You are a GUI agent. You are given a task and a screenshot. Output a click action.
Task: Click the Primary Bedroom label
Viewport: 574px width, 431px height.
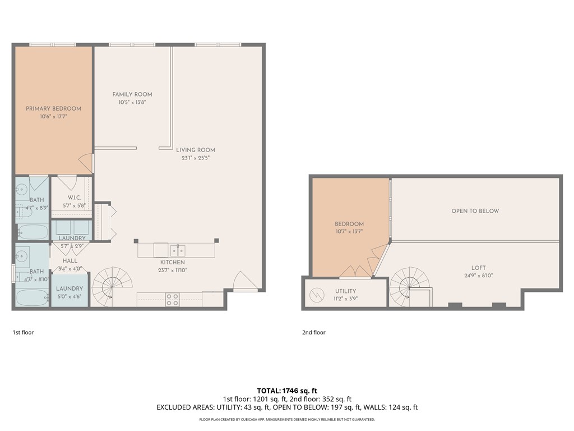tap(53, 109)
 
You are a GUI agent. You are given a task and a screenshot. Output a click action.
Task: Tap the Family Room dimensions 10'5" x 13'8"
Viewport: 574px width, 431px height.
tap(132, 102)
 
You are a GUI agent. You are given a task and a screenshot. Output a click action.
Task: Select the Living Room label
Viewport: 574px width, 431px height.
tap(196, 150)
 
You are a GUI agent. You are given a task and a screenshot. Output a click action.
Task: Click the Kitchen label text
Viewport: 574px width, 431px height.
tap(172, 262)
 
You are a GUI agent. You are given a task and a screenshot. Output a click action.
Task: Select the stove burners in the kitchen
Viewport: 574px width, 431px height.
tap(172, 300)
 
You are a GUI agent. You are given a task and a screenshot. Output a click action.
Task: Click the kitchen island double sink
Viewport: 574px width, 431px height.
tap(178, 249)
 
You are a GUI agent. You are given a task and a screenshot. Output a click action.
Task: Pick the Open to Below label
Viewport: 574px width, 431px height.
tap(475, 211)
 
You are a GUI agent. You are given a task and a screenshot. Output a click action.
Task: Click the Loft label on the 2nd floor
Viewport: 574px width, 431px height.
tap(478, 268)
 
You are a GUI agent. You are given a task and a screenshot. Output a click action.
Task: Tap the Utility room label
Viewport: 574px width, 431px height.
tap(346, 291)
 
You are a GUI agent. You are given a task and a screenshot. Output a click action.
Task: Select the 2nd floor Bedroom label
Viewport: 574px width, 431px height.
tap(349, 224)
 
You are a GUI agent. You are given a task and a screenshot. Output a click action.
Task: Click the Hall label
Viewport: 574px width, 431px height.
tap(70, 261)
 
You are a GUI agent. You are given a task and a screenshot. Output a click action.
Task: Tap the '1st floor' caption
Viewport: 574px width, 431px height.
tap(23, 332)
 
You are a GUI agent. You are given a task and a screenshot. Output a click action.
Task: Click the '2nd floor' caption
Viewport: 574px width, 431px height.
tap(314, 332)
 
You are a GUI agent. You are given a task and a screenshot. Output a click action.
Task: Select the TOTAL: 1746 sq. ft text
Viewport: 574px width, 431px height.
tap(287, 390)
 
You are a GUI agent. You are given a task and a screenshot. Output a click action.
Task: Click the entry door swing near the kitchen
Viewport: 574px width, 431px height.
tap(244, 281)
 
